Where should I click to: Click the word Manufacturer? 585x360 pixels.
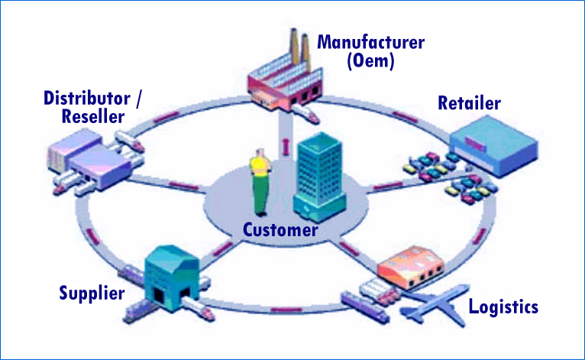click(x=370, y=42)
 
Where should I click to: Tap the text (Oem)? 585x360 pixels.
click(x=370, y=61)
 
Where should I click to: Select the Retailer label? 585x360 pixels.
click(x=469, y=103)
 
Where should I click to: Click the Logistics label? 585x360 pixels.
click(x=503, y=307)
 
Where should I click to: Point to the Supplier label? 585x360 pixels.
click(x=92, y=294)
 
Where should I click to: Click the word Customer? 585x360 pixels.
click(x=280, y=229)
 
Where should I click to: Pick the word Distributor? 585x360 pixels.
click(x=87, y=98)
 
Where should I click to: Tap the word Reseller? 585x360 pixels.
click(x=93, y=116)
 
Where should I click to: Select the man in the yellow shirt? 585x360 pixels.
click(x=260, y=182)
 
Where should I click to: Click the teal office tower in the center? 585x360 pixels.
click(x=318, y=177)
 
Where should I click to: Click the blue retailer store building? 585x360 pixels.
click(x=493, y=146)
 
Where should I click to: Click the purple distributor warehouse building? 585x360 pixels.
click(x=89, y=159)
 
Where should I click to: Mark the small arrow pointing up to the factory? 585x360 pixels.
click(x=286, y=147)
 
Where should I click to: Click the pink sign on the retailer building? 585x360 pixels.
click(x=475, y=144)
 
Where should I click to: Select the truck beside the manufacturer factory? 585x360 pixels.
click(x=306, y=113)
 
